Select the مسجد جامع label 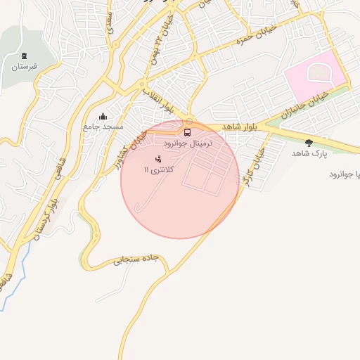coord(103,127)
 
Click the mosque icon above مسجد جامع coord(103,116)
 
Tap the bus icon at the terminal coord(187,131)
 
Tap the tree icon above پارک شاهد coord(309,143)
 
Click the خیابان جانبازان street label coord(303,105)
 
